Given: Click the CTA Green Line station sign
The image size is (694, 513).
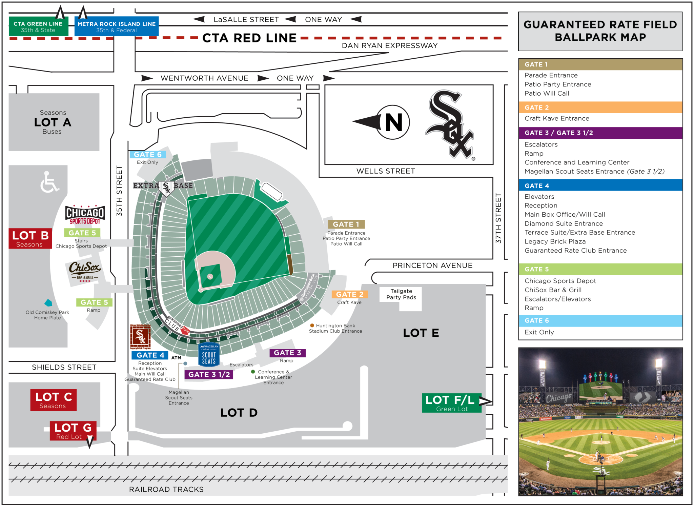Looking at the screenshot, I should pos(38,26).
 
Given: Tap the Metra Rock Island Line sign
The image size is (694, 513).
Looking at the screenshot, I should pos(116,27).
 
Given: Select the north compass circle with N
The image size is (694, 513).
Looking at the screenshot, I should pos(393,122).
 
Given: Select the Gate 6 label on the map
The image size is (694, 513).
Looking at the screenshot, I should pos(147,155).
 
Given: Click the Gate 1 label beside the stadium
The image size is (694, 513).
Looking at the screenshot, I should pos(346,224).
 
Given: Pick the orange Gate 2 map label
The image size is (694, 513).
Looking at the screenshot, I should pos(350,294).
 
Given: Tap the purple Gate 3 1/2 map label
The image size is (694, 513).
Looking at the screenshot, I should pos(209,375).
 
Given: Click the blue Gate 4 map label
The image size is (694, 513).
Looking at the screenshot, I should pos(150,355).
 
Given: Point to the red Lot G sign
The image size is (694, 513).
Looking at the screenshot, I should pos(73,431).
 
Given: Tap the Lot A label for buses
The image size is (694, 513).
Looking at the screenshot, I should pos(53,122).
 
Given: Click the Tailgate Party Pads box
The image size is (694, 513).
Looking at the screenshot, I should pos(401,294).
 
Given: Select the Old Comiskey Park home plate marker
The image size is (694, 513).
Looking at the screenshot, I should pos(48,303).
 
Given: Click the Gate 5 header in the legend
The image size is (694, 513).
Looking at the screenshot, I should pos(600,269).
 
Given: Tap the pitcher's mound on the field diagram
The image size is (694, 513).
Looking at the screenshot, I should pos(210,276).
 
